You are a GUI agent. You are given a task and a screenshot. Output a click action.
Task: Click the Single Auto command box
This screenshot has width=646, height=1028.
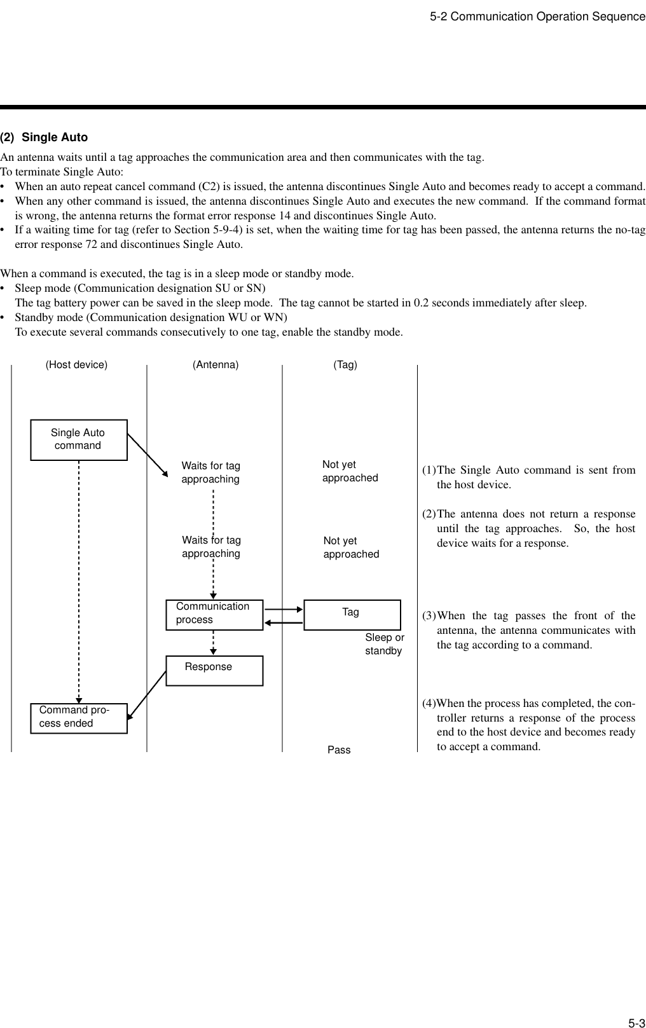coord(78,439)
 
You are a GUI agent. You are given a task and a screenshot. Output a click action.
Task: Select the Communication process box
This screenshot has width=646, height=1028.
coord(214,614)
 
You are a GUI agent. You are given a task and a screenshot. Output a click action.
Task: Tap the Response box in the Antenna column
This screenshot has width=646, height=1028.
coord(214,671)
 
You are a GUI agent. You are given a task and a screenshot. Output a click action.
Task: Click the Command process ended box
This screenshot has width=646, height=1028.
coord(78,718)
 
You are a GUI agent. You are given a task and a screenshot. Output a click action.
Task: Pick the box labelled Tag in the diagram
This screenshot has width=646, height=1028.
coord(352,614)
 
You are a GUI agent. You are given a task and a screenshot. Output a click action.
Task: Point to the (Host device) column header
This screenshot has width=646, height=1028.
coord(77,365)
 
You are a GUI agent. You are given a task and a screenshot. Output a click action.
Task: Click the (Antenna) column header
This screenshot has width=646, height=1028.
coord(216,365)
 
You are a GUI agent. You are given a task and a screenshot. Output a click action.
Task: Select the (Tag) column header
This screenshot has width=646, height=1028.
coord(345,365)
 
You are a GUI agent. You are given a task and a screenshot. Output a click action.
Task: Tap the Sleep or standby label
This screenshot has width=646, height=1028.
coord(384,644)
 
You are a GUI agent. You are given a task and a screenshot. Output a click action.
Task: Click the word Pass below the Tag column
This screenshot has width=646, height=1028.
coord(339,750)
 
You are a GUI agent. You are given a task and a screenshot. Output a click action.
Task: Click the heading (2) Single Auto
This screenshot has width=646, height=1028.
coord(44,137)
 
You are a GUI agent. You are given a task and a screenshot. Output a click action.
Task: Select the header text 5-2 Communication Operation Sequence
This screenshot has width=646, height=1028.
coord(537,17)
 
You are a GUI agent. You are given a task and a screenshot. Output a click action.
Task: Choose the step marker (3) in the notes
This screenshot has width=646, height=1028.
coord(429,616)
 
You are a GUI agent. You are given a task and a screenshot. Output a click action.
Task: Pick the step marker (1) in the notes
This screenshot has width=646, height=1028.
coord(429,470)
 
